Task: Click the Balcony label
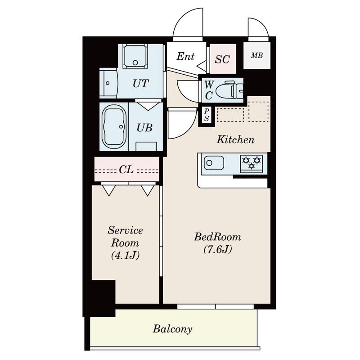(172, 329)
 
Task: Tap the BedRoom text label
(218, 237)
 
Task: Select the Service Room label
(126, 237)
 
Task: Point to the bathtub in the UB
(114, 126)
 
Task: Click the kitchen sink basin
(213, 163)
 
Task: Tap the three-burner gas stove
(251, 163)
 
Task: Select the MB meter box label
(257, 55)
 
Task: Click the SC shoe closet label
(222, 59)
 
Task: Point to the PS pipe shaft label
(207, 115)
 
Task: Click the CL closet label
(126, 170)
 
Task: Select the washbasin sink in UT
(109, 83)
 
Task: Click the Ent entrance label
(185, 57)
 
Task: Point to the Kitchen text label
(236, 139)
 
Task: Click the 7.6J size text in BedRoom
(218, 249)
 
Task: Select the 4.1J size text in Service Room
(126, 255)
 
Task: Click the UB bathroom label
(144, 128)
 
